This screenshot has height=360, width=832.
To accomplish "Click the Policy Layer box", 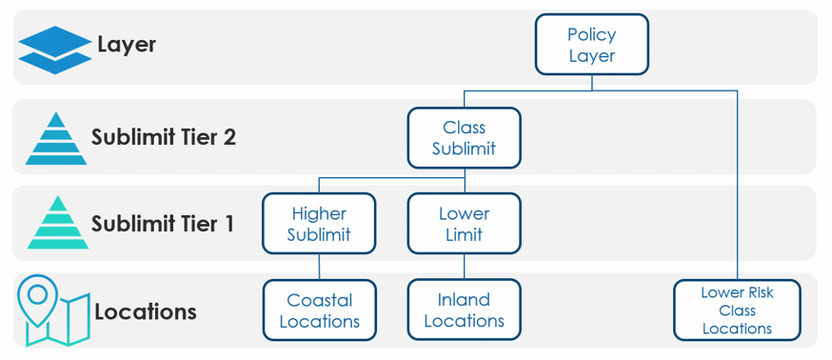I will click(x=591, y=45).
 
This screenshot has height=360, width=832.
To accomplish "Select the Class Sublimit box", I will click(x=464, y=138).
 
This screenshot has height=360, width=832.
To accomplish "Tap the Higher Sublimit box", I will click(x=319, y=224).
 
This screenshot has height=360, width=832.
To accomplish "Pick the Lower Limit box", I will click(x=464, y=224).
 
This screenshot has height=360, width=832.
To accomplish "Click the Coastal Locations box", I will click(x=319, y=310).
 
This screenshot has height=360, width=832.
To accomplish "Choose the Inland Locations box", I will click(x=464, y=310).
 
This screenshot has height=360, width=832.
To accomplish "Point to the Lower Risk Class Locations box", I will click(x=737, y=310).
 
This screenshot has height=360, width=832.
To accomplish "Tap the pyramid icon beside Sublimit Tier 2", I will click(x=55, y=138).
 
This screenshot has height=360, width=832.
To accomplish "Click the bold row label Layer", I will click(x=127, y=45).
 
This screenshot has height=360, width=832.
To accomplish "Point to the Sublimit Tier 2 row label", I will click(x=163, y=137).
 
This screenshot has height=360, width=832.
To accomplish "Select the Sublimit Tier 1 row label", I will click(x=163, y=224).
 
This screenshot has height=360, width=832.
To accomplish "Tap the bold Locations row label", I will click(x=146, y=311).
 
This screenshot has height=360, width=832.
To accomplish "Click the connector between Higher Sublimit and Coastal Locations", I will click(x=319, y=267).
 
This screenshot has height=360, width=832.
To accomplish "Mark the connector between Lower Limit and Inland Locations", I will click(x=464, y=267).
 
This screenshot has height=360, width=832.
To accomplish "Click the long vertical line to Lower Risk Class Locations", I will click(x=737, y=190).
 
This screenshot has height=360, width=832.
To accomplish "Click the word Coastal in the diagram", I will click(x=319, y=301).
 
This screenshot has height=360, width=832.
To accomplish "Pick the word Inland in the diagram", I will click(x=464, y=301).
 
